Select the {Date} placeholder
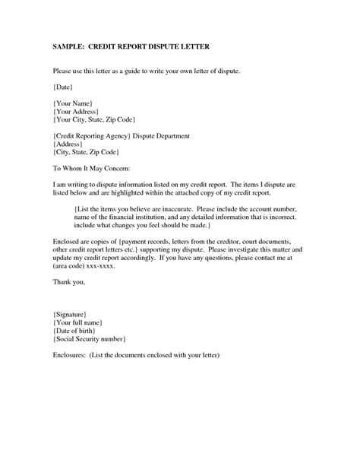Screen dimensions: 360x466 65,87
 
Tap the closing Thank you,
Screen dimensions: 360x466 69,282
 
